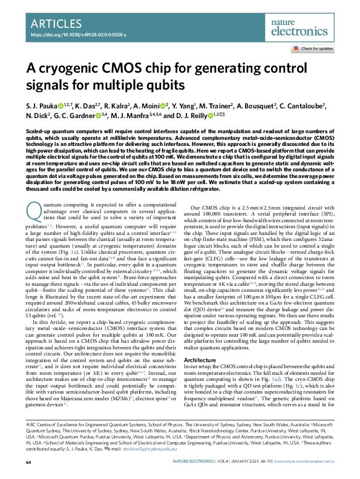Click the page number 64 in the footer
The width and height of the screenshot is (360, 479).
pyautogui.click(x=28, y=463)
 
